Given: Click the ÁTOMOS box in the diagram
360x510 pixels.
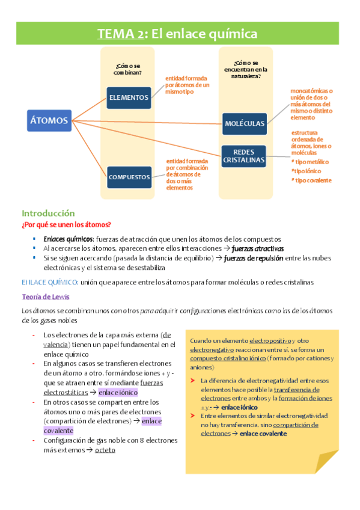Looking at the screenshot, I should point(49,120).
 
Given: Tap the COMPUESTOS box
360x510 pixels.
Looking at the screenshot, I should point(129,177).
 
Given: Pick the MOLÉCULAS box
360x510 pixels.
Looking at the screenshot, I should point(245,123).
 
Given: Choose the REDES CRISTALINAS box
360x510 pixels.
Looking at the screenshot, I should point(244,156).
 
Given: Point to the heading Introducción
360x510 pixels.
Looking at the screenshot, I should point(48,213).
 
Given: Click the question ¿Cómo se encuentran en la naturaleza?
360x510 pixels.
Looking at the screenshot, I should point(245,69).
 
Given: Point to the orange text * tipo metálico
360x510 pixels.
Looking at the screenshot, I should point(310,162).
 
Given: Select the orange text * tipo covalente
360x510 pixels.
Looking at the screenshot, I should point(311,180).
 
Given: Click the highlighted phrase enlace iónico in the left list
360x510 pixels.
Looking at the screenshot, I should point(118,393).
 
